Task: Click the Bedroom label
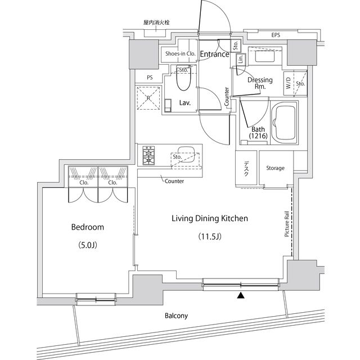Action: click(x=87, y=227)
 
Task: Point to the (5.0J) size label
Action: click(x=87, y=245)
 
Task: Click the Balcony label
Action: click(x=175, y=316)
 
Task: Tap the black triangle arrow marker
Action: click(x=241, y=295)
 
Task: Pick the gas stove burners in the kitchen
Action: click(x=148, y=156)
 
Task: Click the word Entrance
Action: click(x=214, y=55)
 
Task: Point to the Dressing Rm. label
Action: click(x=260, y=83)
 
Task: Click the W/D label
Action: click(x=289, y=84)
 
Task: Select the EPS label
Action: click(x=275, y=35)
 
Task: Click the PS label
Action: click(x=149, y=78)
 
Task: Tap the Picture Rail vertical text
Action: click(x=287, y=224)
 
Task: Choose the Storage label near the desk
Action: click(x=275, y=168)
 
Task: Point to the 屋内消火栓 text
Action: click(x=156, y=22)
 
